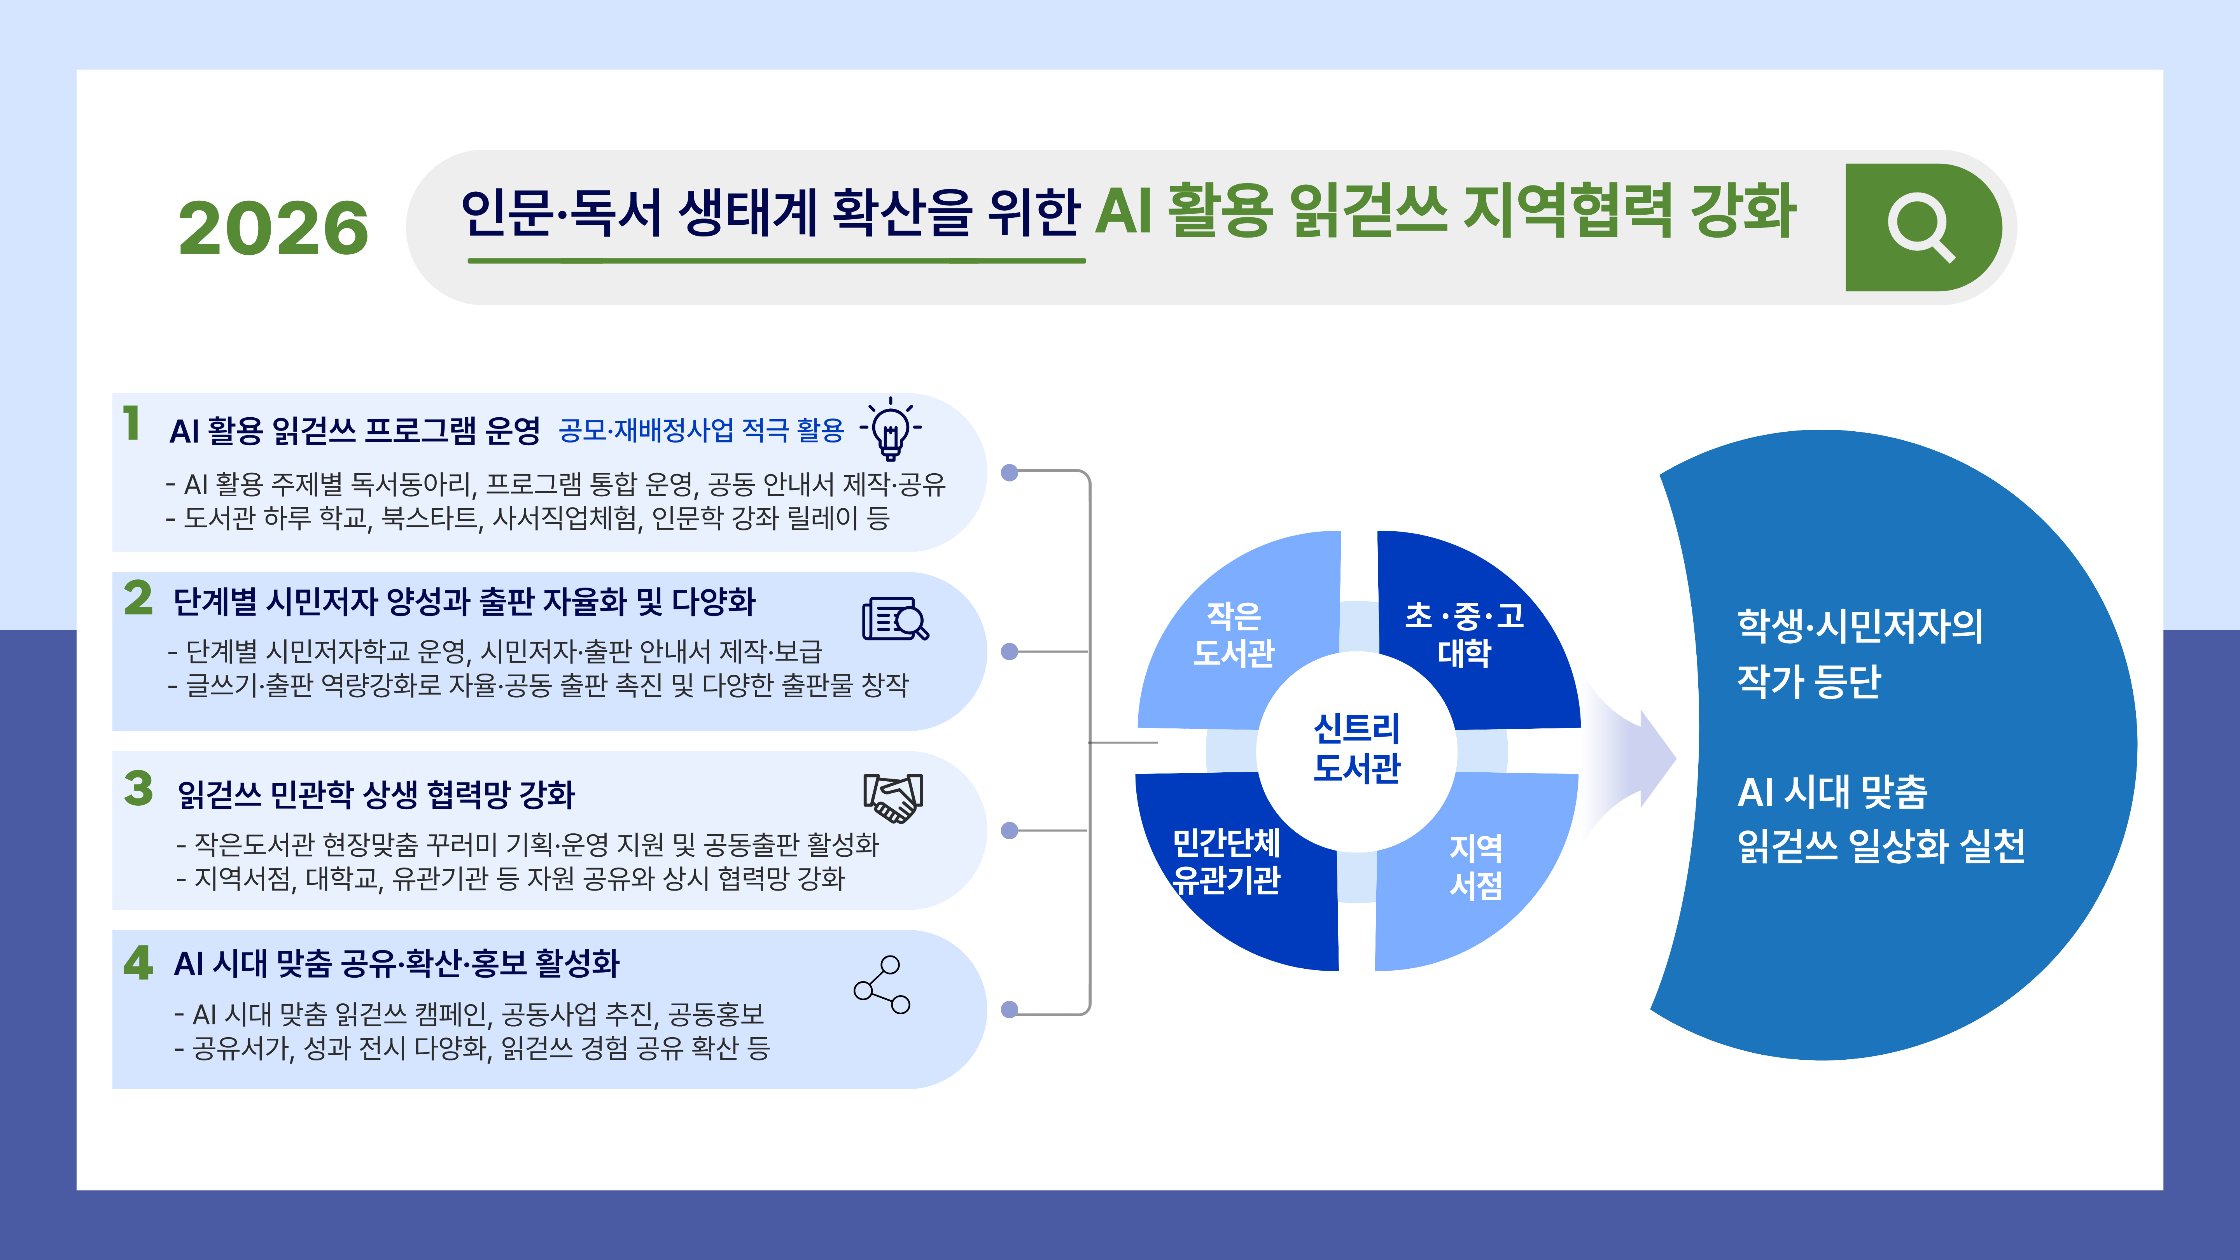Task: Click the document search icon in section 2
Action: coord(895,619)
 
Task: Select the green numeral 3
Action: coord(138,789)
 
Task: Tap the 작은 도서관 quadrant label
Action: coord(1234,634)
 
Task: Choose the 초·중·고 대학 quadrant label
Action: coord(1464,634)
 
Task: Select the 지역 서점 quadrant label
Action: coord(1476,866)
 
